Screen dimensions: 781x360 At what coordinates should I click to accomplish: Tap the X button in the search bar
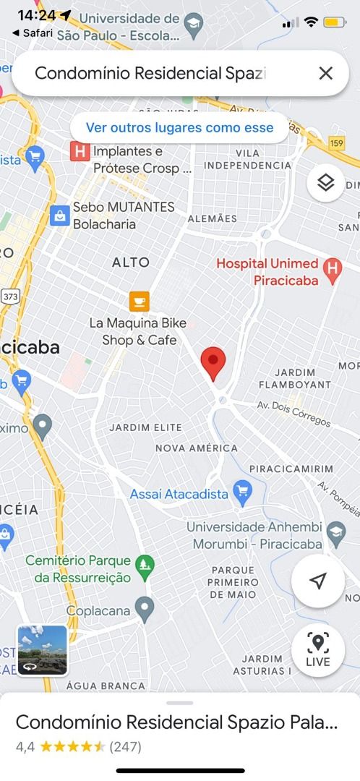tap(325, 73)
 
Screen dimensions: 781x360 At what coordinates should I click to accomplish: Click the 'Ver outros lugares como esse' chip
tap(179, 128)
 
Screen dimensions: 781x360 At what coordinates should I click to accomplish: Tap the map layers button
tap(325, 183)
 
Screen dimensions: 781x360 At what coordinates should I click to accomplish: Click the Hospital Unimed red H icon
tap(332, 271)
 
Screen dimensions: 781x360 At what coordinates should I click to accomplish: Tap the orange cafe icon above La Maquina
tap(139, 301)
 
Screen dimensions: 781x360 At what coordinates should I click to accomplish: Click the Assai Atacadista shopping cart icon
tap(241, 494)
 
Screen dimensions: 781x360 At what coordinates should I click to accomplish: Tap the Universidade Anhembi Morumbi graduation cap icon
tap(335, 534)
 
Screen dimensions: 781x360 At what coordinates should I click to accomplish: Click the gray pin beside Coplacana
tap(145, 611)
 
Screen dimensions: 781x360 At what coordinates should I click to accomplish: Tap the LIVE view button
tap(317, 650)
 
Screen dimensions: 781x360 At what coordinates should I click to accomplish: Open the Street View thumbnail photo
tap(43, 650)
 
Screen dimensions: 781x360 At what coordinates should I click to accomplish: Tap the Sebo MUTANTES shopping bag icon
tap(59, 215)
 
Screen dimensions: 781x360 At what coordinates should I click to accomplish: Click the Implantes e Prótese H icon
tap(79, 152)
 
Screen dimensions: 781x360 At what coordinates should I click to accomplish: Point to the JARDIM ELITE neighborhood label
tap(145, 427)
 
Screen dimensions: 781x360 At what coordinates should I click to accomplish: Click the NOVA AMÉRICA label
tap(196, 448)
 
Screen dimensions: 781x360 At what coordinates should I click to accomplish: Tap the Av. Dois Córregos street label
tap(293, 413)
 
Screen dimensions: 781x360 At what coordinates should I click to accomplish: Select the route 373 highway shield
tap(10, 296)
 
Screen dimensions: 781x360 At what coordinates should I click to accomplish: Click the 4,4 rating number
tap(25, 746)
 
